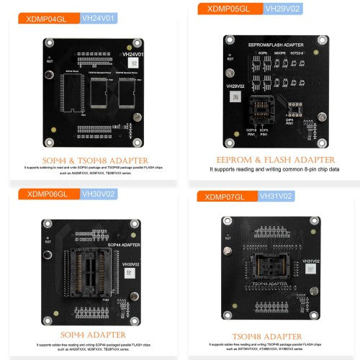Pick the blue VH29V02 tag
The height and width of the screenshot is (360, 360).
click(282, 9)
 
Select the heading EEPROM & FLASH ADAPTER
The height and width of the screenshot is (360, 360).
click(276, 159)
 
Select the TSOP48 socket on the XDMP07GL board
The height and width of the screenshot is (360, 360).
click(270, 276)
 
